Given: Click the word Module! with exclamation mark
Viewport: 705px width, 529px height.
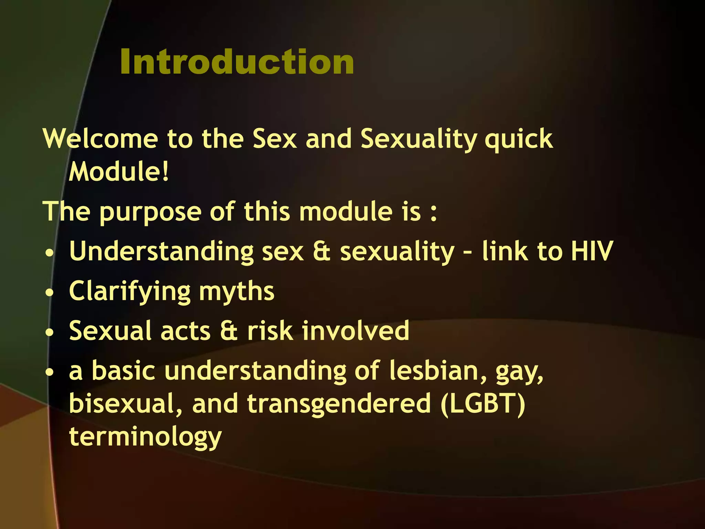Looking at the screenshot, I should click(x=119, y=172).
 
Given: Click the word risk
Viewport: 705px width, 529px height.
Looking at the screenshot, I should click(x=270, y=331).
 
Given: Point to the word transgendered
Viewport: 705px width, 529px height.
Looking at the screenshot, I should click(x=339, y=404).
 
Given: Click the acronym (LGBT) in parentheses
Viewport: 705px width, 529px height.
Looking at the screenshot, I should click(x=483, y=404).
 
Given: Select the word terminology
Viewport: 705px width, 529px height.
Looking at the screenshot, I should click(x=145, y=437).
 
